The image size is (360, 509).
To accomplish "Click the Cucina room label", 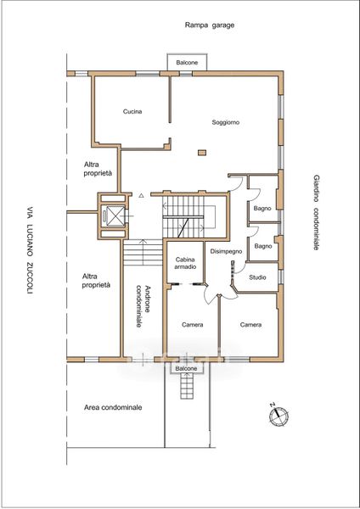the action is coord(132,111).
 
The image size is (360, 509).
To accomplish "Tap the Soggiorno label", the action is coord(226,122).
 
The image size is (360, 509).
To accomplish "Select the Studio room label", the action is coord(257,277).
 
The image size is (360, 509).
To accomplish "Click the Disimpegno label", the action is coord(226,251).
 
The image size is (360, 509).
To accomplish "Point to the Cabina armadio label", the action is coord(185,263).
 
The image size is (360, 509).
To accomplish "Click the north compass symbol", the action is coord(279,416).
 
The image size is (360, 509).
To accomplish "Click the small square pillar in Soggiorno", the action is coord(202,152).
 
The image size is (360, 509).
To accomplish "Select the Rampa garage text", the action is coord(210,25).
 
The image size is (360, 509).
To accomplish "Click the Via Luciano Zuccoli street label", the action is coord(30,250).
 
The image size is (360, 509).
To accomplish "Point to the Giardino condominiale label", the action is coord(316,213).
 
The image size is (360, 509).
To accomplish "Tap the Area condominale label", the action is coord(113,407).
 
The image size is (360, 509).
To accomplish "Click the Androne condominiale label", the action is coord(143,305).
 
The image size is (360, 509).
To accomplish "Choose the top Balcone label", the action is coord(187,62).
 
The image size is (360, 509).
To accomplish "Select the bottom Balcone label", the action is coord(186,368).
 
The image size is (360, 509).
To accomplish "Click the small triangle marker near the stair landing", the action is coord(141,195).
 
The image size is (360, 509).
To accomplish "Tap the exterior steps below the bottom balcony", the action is coord(186,386).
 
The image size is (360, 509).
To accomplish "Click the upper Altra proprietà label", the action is coord(98,169).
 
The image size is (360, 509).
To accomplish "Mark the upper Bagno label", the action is coord(262,209).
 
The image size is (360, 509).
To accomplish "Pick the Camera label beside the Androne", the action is coord(193,325).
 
